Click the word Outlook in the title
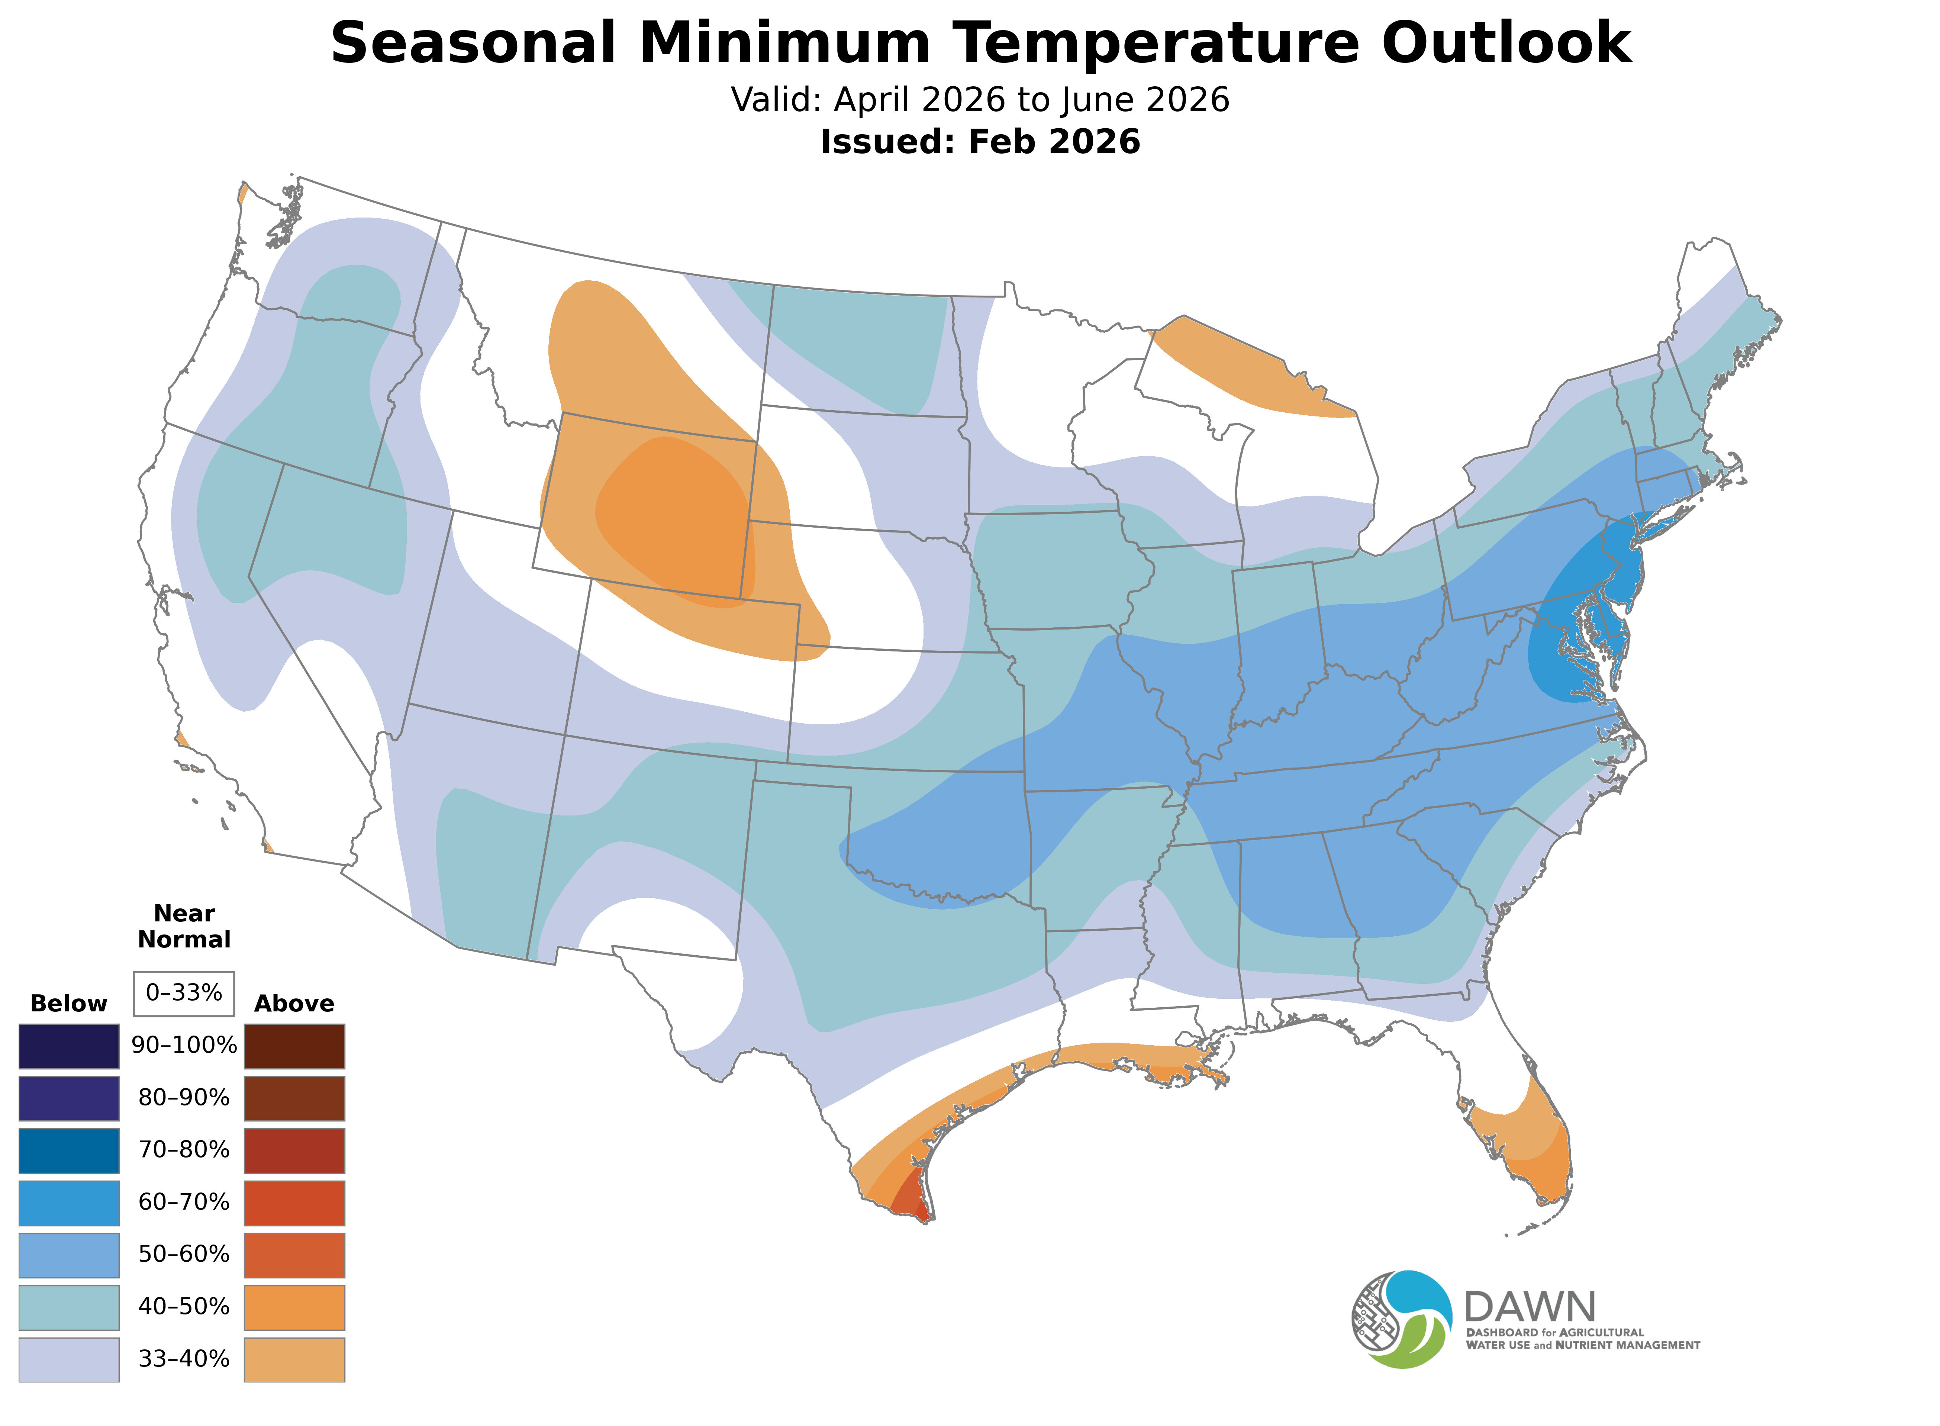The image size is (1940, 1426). pyautogui.click(x=1506, y=43)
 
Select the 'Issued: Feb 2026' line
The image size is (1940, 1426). pyautogui.click(x=980, y=142)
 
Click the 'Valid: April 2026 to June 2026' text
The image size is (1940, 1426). pyautogui.click(x=980, y=100)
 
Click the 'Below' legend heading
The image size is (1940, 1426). pyautogui.click(x=68, y=1003)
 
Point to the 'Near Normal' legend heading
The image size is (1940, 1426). pyautogui.click(x=184, y=926)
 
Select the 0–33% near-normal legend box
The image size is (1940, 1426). pyautogui.click(x=184, y=993)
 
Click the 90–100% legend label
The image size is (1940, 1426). pyautogui.click(x=184, y=1045)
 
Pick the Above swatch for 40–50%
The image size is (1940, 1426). pyautogui.click(x=294, y=1307)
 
